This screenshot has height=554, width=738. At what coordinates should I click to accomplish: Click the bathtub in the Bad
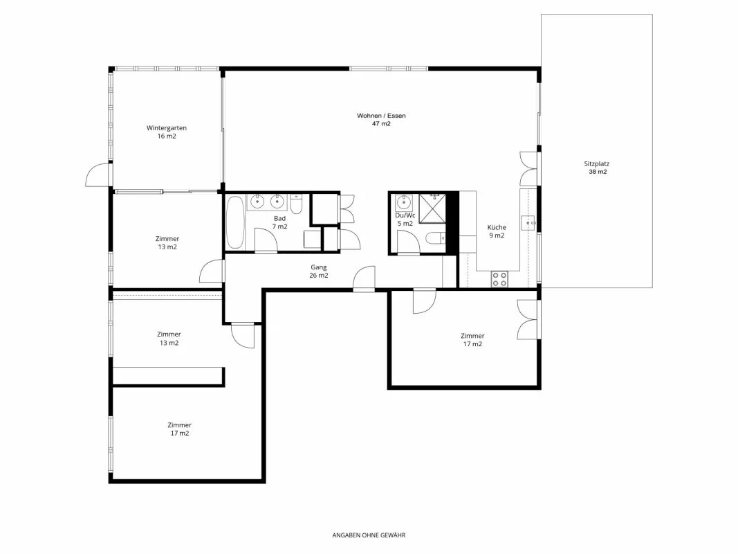(x=235, y=222)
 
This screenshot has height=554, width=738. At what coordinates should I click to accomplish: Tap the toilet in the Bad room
(x=297, y=204)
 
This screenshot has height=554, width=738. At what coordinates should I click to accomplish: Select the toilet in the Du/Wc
(x=435, y=238)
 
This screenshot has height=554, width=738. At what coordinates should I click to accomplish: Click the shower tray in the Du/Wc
(x=432, y=208)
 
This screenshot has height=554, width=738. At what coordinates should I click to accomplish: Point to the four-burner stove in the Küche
(x=499, y=279)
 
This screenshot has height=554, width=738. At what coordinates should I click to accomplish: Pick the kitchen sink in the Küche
(x=528, y=222)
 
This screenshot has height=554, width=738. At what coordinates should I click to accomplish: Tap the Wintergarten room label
(x=167, y=127)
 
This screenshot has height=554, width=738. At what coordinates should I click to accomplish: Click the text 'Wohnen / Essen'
(x=381, y=116)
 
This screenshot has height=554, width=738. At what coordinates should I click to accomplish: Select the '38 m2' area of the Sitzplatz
(x=598, y=172)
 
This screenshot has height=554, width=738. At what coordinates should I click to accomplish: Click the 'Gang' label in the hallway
(x=319, y=267)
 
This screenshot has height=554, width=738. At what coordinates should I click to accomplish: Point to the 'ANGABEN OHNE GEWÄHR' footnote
(x=369, y=535)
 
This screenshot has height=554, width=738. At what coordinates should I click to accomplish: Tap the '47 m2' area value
(x=381, y=124)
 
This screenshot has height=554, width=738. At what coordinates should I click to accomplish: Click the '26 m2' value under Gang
(x=319, y=276)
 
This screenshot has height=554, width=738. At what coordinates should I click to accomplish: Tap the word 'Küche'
(x=497, y=227)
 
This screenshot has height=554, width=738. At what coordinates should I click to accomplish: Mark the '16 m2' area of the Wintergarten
(x=167, y=136)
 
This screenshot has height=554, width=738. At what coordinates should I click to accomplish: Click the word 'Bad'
(x=279, y=219)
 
